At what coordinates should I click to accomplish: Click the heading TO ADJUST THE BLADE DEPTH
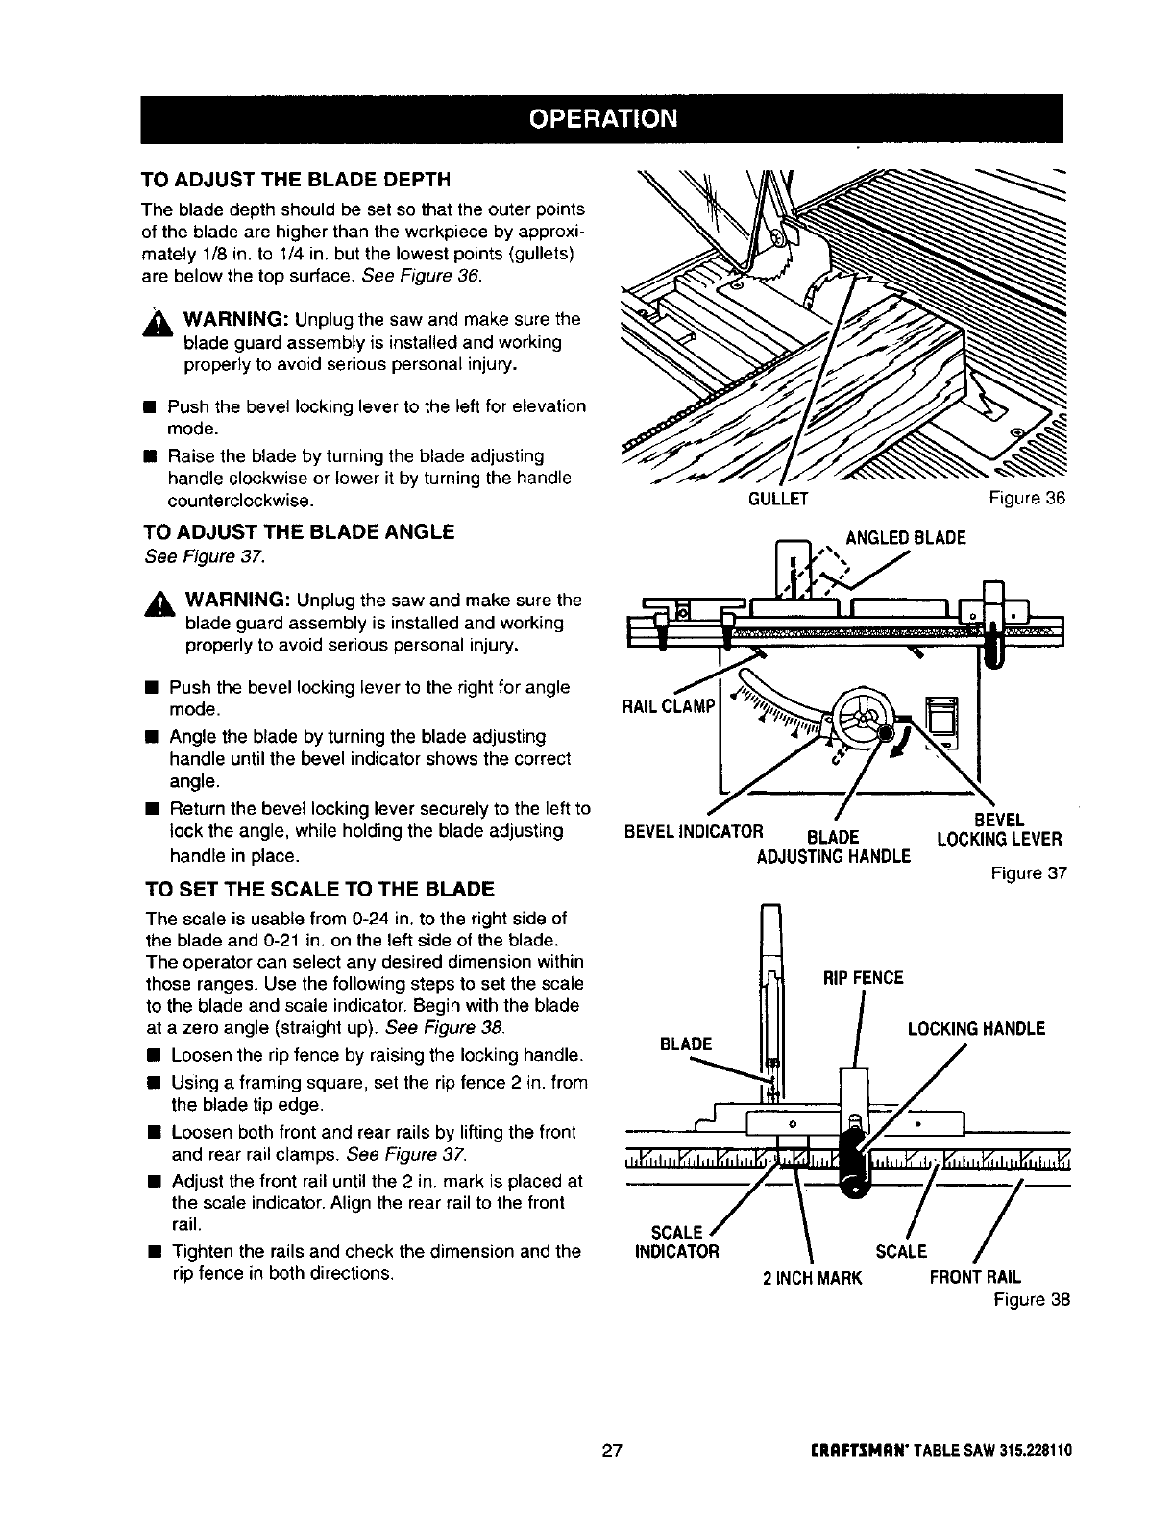tap(296, 180)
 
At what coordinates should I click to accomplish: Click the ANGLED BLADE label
tap(904, 538)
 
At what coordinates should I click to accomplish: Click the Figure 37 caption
tap(1030, 873)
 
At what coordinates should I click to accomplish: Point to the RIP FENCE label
tap(864, 978)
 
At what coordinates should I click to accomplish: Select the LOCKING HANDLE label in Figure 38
tap(976, 1029)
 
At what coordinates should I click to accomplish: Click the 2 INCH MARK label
tap(813, 1278)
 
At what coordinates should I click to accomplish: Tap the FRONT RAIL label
tap(975, 1278)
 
